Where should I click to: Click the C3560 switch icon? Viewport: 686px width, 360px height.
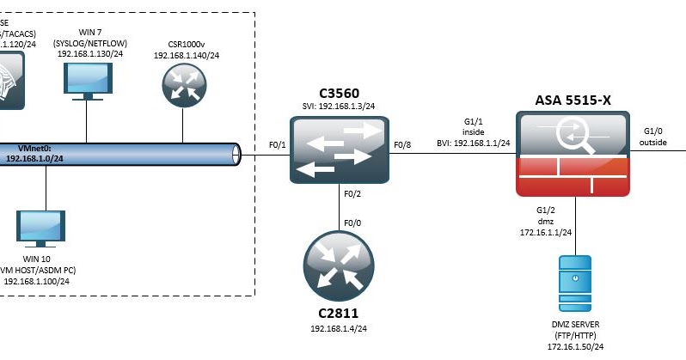339,149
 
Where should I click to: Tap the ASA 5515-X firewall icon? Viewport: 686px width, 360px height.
572,153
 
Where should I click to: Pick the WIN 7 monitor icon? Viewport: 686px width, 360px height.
87,80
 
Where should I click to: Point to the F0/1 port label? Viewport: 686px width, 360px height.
278,144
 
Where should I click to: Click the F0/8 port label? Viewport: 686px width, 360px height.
402,144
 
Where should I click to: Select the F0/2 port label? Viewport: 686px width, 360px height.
352,194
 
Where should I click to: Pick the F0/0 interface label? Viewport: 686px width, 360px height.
352,223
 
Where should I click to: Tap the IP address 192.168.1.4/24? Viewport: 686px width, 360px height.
339,328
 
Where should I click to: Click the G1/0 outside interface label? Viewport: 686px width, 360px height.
655,137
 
